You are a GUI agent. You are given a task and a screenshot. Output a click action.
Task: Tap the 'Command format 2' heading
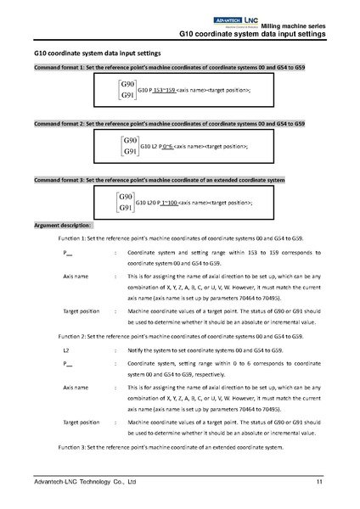coord(161,124)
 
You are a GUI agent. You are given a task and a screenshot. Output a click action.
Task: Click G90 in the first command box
coord(129,85)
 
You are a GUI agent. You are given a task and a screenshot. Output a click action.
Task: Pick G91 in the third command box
coord(129,209)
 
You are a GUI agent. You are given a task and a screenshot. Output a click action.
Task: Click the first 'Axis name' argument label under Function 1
coord(76,277)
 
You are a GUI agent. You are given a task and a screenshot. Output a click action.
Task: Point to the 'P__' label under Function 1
coord(68,254)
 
